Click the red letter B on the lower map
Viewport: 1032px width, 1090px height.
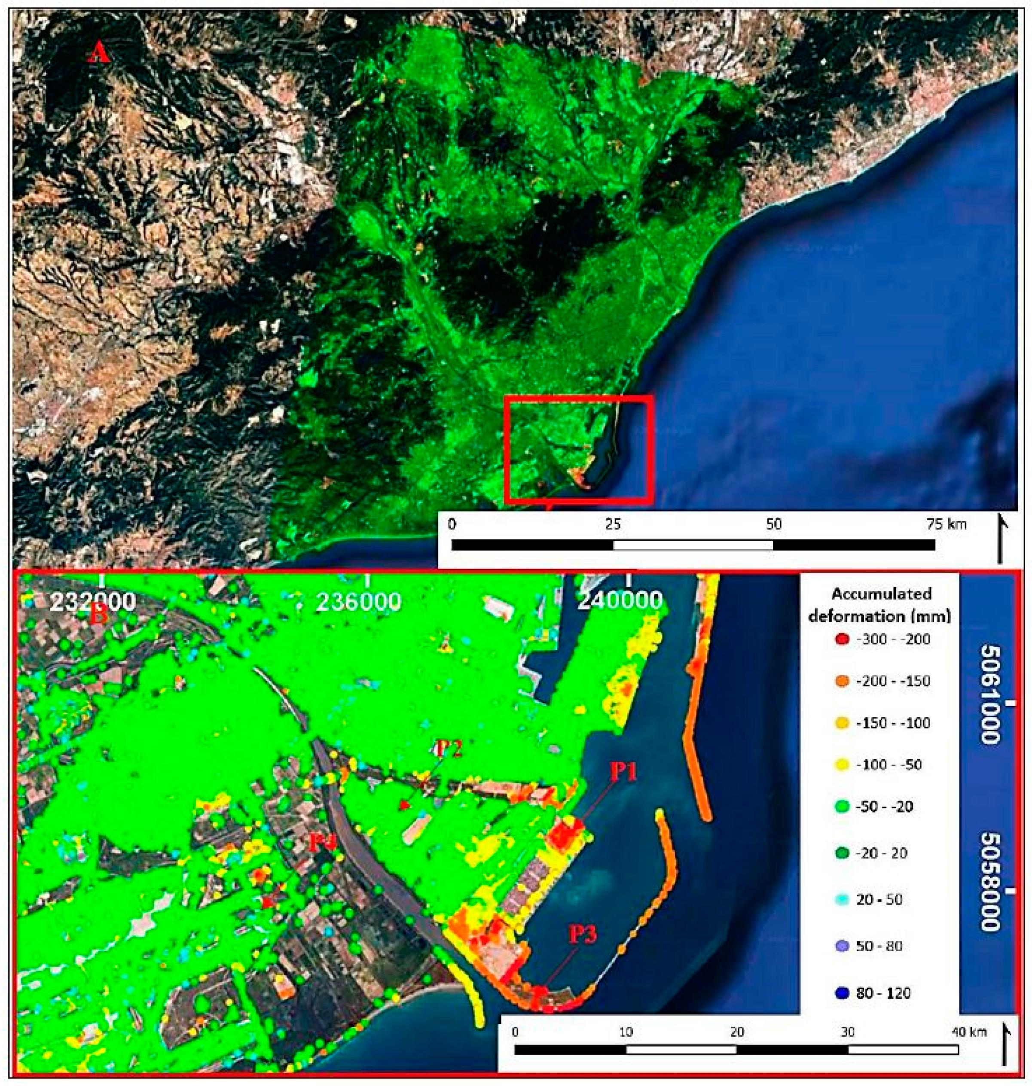click(98, 615)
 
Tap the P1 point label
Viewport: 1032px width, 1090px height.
click(623, 772)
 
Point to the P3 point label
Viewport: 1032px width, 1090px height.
click(582, 935)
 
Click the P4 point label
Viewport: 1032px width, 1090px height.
click(322, 843)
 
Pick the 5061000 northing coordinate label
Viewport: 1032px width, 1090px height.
click(991, 695)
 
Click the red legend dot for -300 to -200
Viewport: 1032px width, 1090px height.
click(840, 639)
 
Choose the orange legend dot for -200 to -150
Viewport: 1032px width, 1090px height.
click(840, 682)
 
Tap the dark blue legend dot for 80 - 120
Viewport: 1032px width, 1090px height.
click(840, 993)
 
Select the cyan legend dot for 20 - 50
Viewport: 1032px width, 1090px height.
click(840, 900)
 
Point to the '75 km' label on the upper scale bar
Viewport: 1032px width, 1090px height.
click(946, 524)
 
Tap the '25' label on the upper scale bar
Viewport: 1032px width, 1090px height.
click(613, 524)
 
